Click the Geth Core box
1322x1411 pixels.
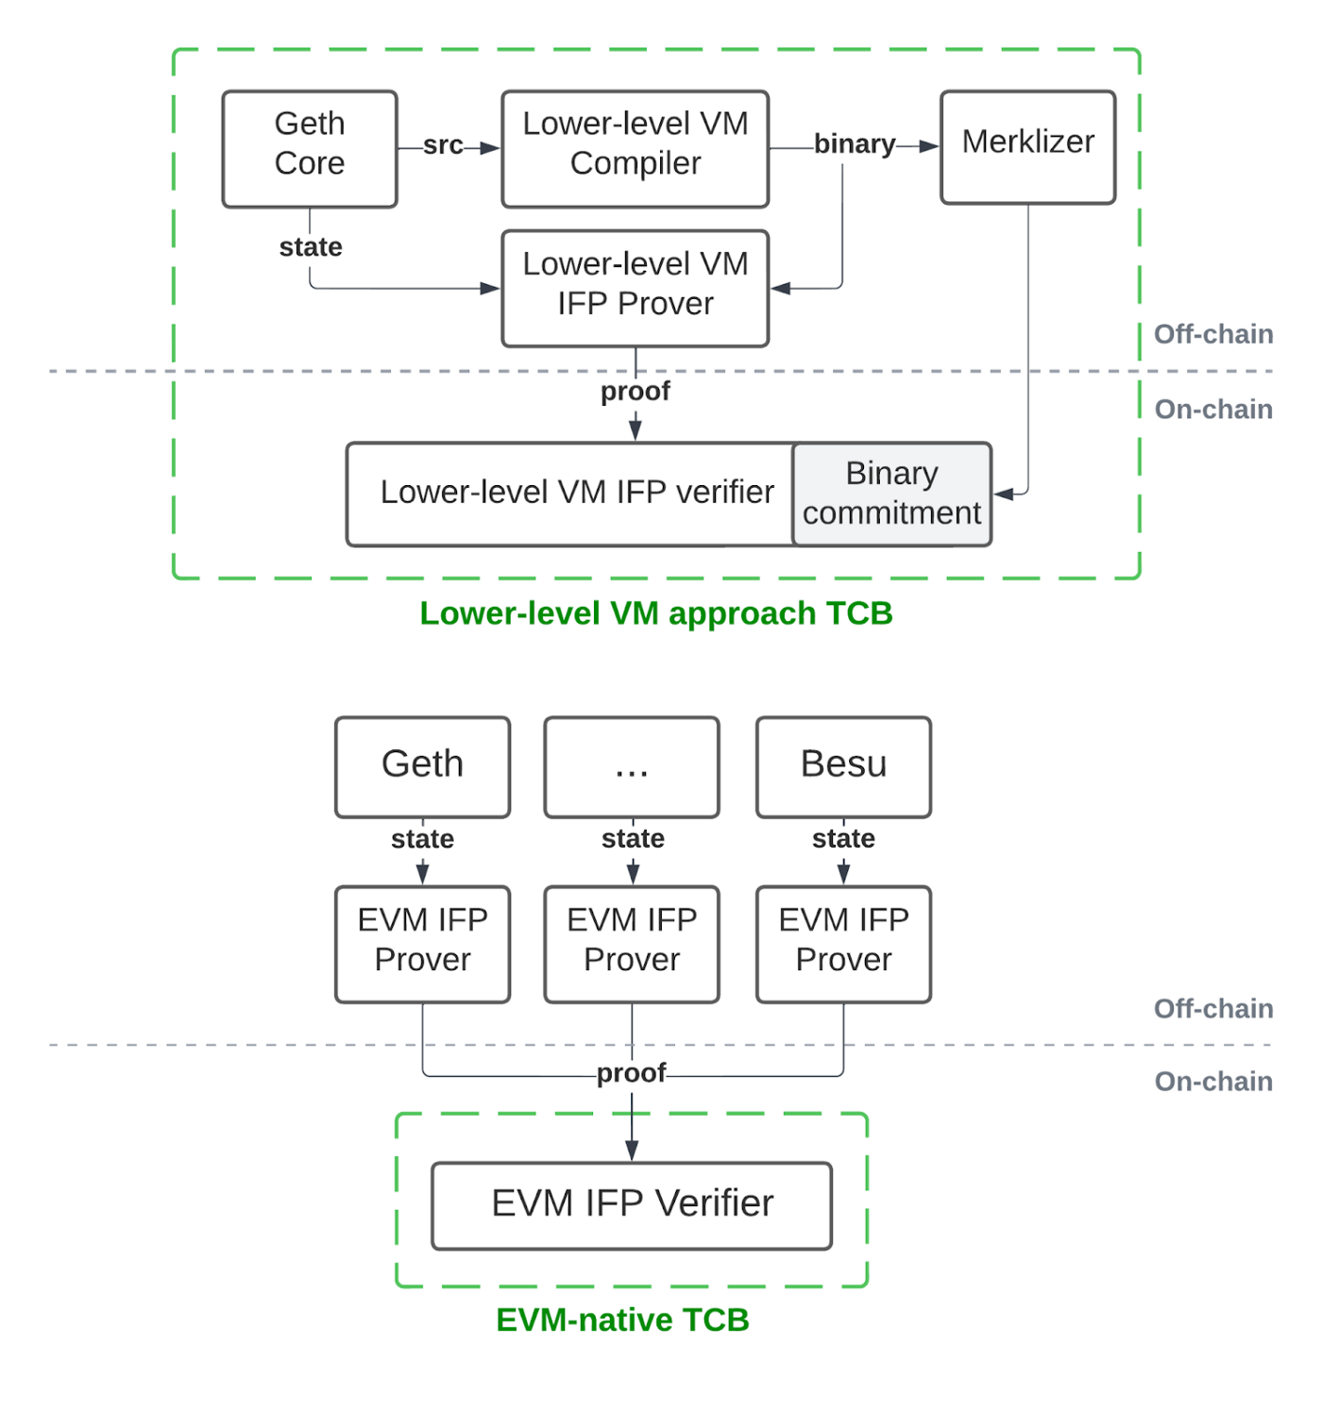(x=310, y=148)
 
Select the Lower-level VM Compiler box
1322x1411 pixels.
(x=636, y=148)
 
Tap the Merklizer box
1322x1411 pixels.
(x=1027, y=147)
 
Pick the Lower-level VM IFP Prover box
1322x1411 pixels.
(x=636, y=288)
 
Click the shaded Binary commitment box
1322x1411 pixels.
(x=891, y=494)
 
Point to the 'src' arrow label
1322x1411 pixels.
(x=443, y=145)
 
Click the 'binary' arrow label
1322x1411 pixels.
(x=854, y=144)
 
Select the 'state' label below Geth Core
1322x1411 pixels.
(x=311, y=246)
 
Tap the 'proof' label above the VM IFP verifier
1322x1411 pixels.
(x=636, y=391)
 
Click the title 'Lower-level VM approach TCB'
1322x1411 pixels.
(x=655, y=613)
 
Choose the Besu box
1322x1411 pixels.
(x=843, y=766)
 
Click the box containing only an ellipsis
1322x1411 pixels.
(x=632, y=766)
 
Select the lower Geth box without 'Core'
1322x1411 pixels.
(x=422, y=766)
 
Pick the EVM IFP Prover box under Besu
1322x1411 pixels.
(x=843, y=944)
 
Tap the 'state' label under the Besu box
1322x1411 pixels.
(x=843, y=838)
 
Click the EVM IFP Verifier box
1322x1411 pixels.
(x=632, y=1205)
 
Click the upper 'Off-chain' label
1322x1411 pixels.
(x=1213, y=334)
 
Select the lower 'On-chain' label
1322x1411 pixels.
(x=1213, y=1082)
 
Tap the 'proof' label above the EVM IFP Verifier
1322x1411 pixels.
(x=631, y=1073)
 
